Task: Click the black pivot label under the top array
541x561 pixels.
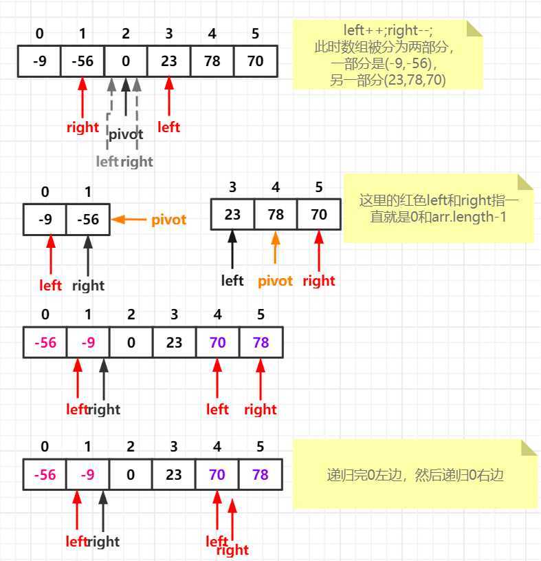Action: tap(126, 135)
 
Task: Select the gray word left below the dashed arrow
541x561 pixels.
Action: tap(107, 162)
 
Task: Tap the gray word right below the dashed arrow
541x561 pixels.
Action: tap(137, 162)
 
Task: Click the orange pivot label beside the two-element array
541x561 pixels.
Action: tap(169, 220)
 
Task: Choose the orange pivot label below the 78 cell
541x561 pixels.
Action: tap(275, 281)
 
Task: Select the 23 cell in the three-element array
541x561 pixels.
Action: tap(232, 215)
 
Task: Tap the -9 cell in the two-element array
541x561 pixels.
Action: tap(45, 220)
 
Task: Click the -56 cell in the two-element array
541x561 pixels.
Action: tap(88, 220)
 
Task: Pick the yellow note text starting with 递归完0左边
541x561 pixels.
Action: tap(415, 475)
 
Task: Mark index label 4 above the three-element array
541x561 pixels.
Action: tap(276, 187)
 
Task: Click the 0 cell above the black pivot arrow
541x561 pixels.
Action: tap(126, 61)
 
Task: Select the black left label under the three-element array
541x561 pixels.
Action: tap(232, 281)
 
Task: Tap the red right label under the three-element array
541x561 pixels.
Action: tap(318, 281)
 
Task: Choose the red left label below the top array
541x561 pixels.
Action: tap(168, 127)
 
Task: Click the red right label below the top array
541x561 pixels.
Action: tap(82, 127)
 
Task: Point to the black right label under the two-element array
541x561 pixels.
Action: tap(88, 286)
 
